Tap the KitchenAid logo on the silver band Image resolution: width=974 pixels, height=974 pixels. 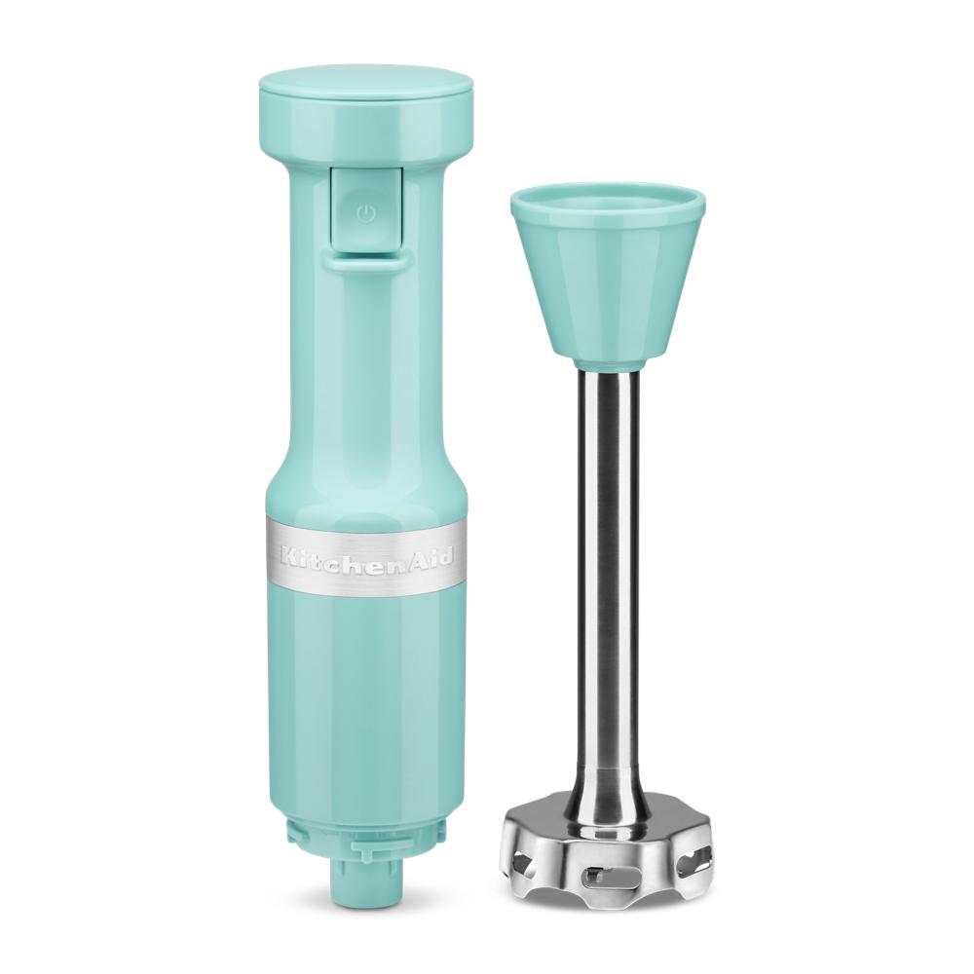coord(366,556)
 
